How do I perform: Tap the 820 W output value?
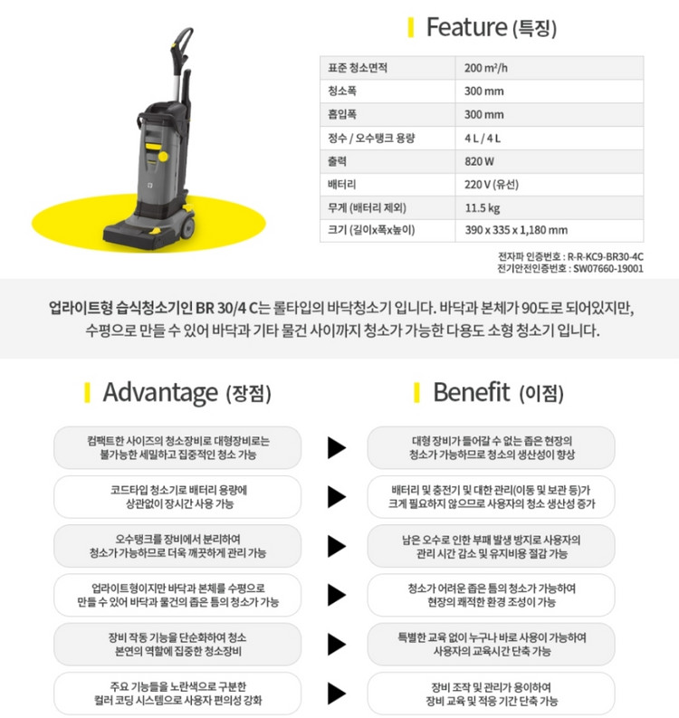(x=480, y=161)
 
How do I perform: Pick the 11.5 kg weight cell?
(x=483, y=207)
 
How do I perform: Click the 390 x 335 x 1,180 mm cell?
(x=516, y=230)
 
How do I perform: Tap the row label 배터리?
(x=345, y=184)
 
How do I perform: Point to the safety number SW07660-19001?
(x=608, y=268)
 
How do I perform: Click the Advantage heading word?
(x=159, y=392)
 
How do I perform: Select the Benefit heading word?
(x=472, y=392)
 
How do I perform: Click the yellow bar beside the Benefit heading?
(x=416, y=392)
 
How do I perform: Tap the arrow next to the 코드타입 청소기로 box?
(x=337, y=497)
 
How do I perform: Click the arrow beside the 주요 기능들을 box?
(x=337, y=693)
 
